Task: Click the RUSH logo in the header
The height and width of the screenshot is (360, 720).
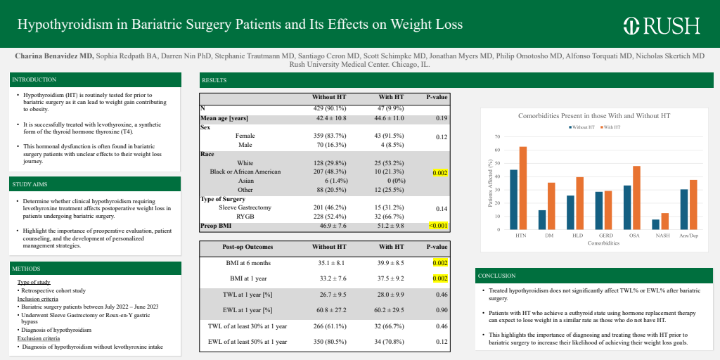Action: [662, 25]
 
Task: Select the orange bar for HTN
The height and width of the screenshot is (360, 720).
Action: [523, 188]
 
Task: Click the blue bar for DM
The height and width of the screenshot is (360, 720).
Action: [542, 219]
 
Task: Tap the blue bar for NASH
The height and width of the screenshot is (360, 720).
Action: [655, 224]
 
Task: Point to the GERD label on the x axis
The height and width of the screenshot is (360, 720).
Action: [600, 236]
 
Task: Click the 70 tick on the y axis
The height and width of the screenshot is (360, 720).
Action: [496, 137]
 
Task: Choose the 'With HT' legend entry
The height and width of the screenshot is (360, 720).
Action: [610, 127]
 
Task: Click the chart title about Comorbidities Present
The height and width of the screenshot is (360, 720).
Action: [594, 115]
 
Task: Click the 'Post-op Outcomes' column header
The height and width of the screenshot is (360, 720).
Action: [247, 247]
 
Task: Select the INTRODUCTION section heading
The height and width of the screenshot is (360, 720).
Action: [34, 80]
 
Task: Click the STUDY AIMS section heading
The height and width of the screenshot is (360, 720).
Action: [31, 184]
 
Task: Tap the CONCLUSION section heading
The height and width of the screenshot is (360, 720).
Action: [496, 276]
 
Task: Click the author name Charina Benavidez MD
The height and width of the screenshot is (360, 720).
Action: [53, 55]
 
